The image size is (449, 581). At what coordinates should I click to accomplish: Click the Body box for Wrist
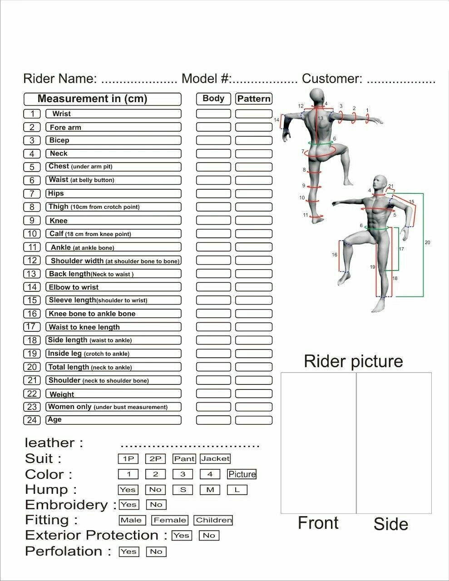[x=213, y=114]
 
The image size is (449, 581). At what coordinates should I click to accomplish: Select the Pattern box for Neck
[x=253, y=154]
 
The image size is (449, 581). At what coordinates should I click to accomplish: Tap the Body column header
[x=213, y=98]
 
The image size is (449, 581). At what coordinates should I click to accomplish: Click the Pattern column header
[x=253, y=98]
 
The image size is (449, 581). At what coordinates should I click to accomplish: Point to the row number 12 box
[x=32, y=261]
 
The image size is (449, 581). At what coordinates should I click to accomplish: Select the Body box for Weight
[x=213, y=394]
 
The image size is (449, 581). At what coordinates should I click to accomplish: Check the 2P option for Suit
[x=155, y=459]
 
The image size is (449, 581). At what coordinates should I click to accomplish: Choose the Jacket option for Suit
[x=215, y=459]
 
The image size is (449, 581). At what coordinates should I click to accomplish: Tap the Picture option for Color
[x=242, y=474]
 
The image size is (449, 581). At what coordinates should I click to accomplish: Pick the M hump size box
[x=210, y=490]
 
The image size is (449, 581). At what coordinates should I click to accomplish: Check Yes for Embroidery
[x=128, y=505]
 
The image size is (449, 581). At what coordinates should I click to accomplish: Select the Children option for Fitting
[x=213, y=520]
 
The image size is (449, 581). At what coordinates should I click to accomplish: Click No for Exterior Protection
[x=209, y=536]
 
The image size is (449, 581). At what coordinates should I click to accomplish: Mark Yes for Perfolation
[x=128, y=551]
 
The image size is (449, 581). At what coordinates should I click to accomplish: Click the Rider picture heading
[x=353, y=361]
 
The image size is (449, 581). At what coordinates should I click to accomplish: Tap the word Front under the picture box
[x=318, y=523]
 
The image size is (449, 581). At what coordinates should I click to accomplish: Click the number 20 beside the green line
[x=427, y=243]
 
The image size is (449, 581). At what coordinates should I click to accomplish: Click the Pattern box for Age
[x=253, y=420]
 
